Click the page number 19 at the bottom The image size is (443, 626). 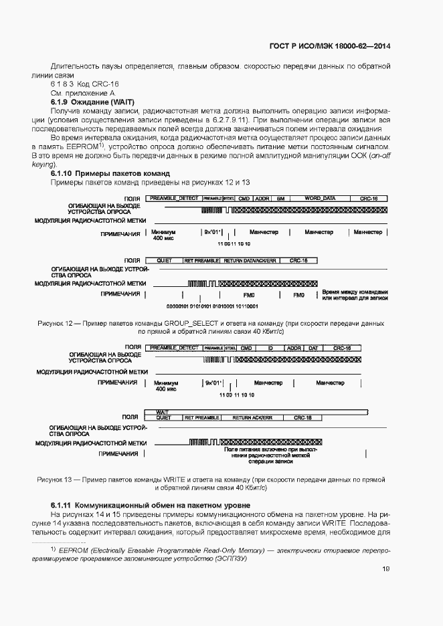tap(386, 568)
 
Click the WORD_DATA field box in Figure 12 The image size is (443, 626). tap(320, 199)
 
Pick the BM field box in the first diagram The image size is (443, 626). tap(281, 199)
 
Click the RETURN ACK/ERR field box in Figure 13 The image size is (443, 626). tap(253, 417)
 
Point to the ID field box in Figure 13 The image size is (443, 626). tap(270, 348)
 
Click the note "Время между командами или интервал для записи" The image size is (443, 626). tap(354, 295)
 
